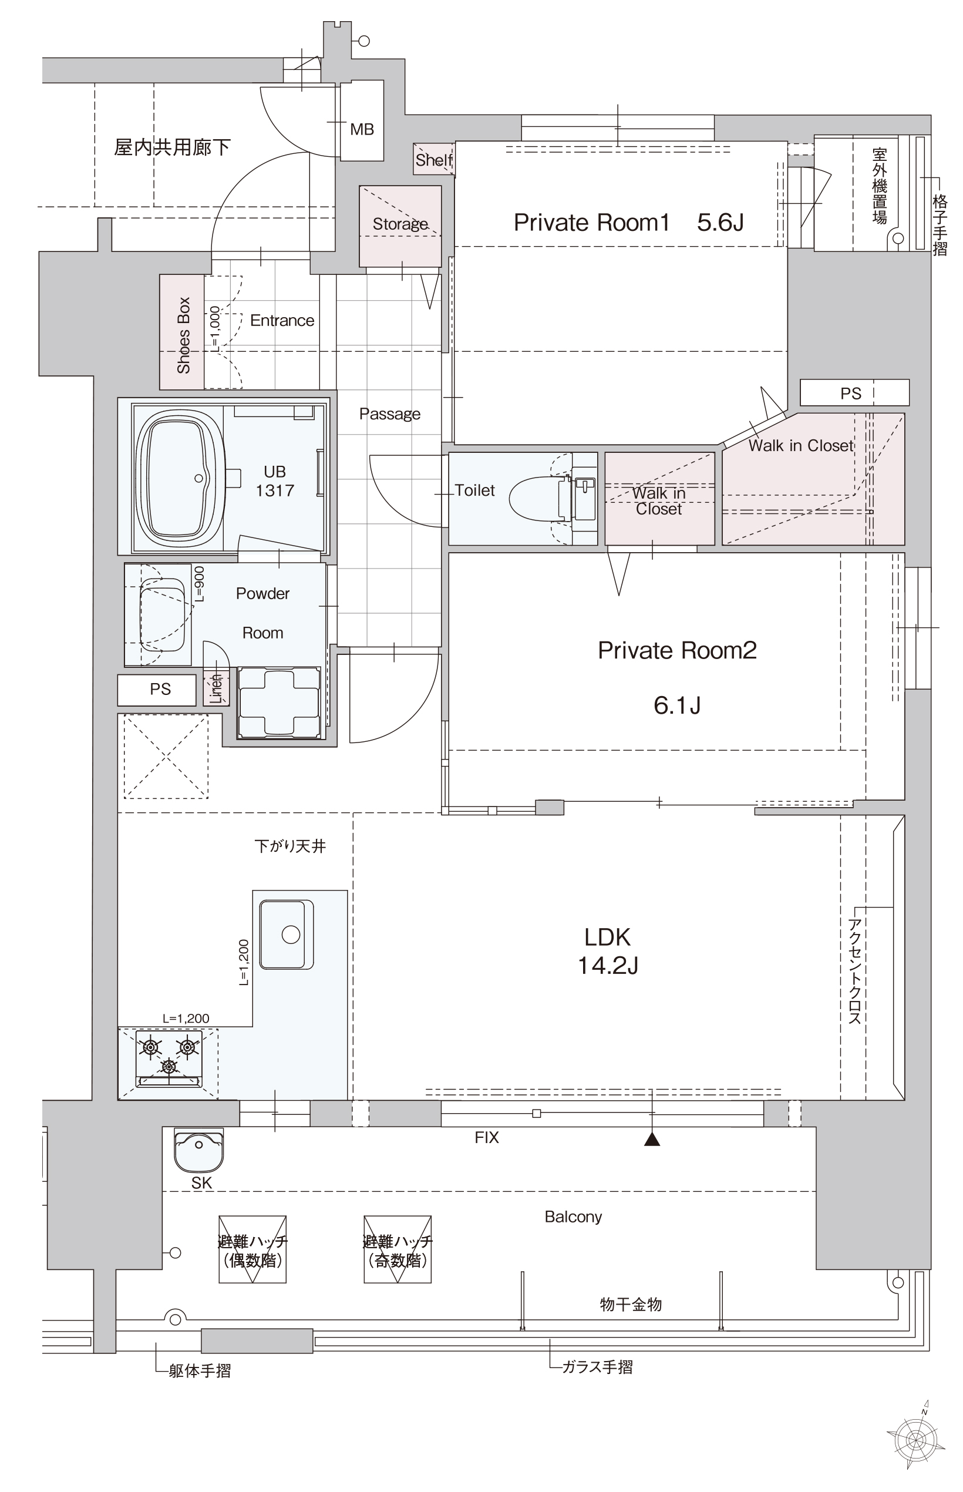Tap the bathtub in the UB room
[x=180, y=478]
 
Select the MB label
[x=362, y=129]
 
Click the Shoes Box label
[x=183, y=335]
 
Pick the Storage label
[x=400, y=224]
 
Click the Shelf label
[x=434, y=160]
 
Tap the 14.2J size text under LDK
[x=608, y=965]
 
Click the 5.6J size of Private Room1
[x=720, y=222]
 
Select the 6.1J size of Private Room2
[x=677, y=705]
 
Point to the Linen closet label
[x=216, y=688]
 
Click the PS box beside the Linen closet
[x=156, y=690]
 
